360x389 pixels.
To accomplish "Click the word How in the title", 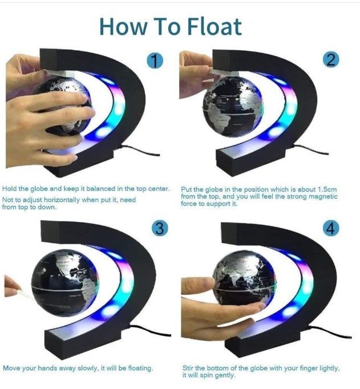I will click(x=122, y=26).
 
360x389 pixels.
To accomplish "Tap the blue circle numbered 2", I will click(x=331, y=60).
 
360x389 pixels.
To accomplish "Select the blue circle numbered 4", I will click(x=331, y=229).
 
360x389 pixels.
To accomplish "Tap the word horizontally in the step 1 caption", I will click(x=62, y=200).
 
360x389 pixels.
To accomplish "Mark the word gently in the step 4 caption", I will click(x=224, y=375).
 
